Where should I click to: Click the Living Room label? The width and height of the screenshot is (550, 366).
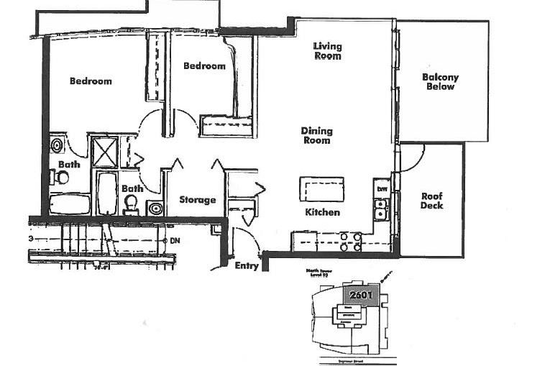coord(327,51)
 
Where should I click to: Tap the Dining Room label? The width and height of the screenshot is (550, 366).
coord(316,135)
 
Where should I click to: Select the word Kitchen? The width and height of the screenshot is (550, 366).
coord(322,212)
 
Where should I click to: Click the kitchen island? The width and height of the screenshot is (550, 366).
coord(321,189)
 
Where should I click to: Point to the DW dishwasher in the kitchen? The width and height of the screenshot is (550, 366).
coord(382,189)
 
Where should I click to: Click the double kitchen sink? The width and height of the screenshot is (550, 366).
coord(381,209)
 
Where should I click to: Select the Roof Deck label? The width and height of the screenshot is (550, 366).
coord(432,201)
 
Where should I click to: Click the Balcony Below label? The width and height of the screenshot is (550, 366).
coord(441,82)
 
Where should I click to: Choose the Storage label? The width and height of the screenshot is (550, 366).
coord(197,200)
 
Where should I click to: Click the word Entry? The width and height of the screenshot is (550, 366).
coord(247,265)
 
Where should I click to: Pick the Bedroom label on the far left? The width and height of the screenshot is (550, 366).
coord(91,81)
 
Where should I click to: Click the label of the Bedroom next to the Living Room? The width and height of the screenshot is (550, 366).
coord(204,66)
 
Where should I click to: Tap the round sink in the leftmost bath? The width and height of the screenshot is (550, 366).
coord(57,145)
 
